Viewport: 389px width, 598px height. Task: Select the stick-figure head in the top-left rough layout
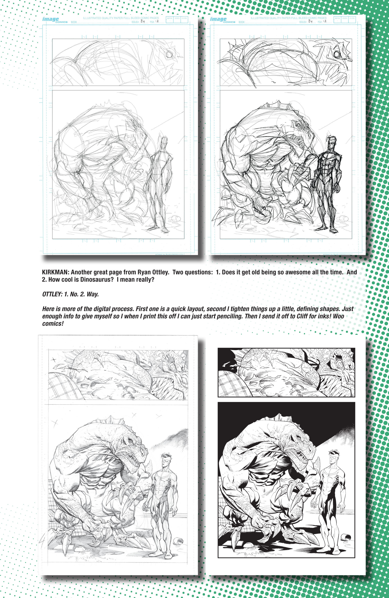point(164,142)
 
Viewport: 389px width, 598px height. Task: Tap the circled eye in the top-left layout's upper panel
point(169,53)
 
